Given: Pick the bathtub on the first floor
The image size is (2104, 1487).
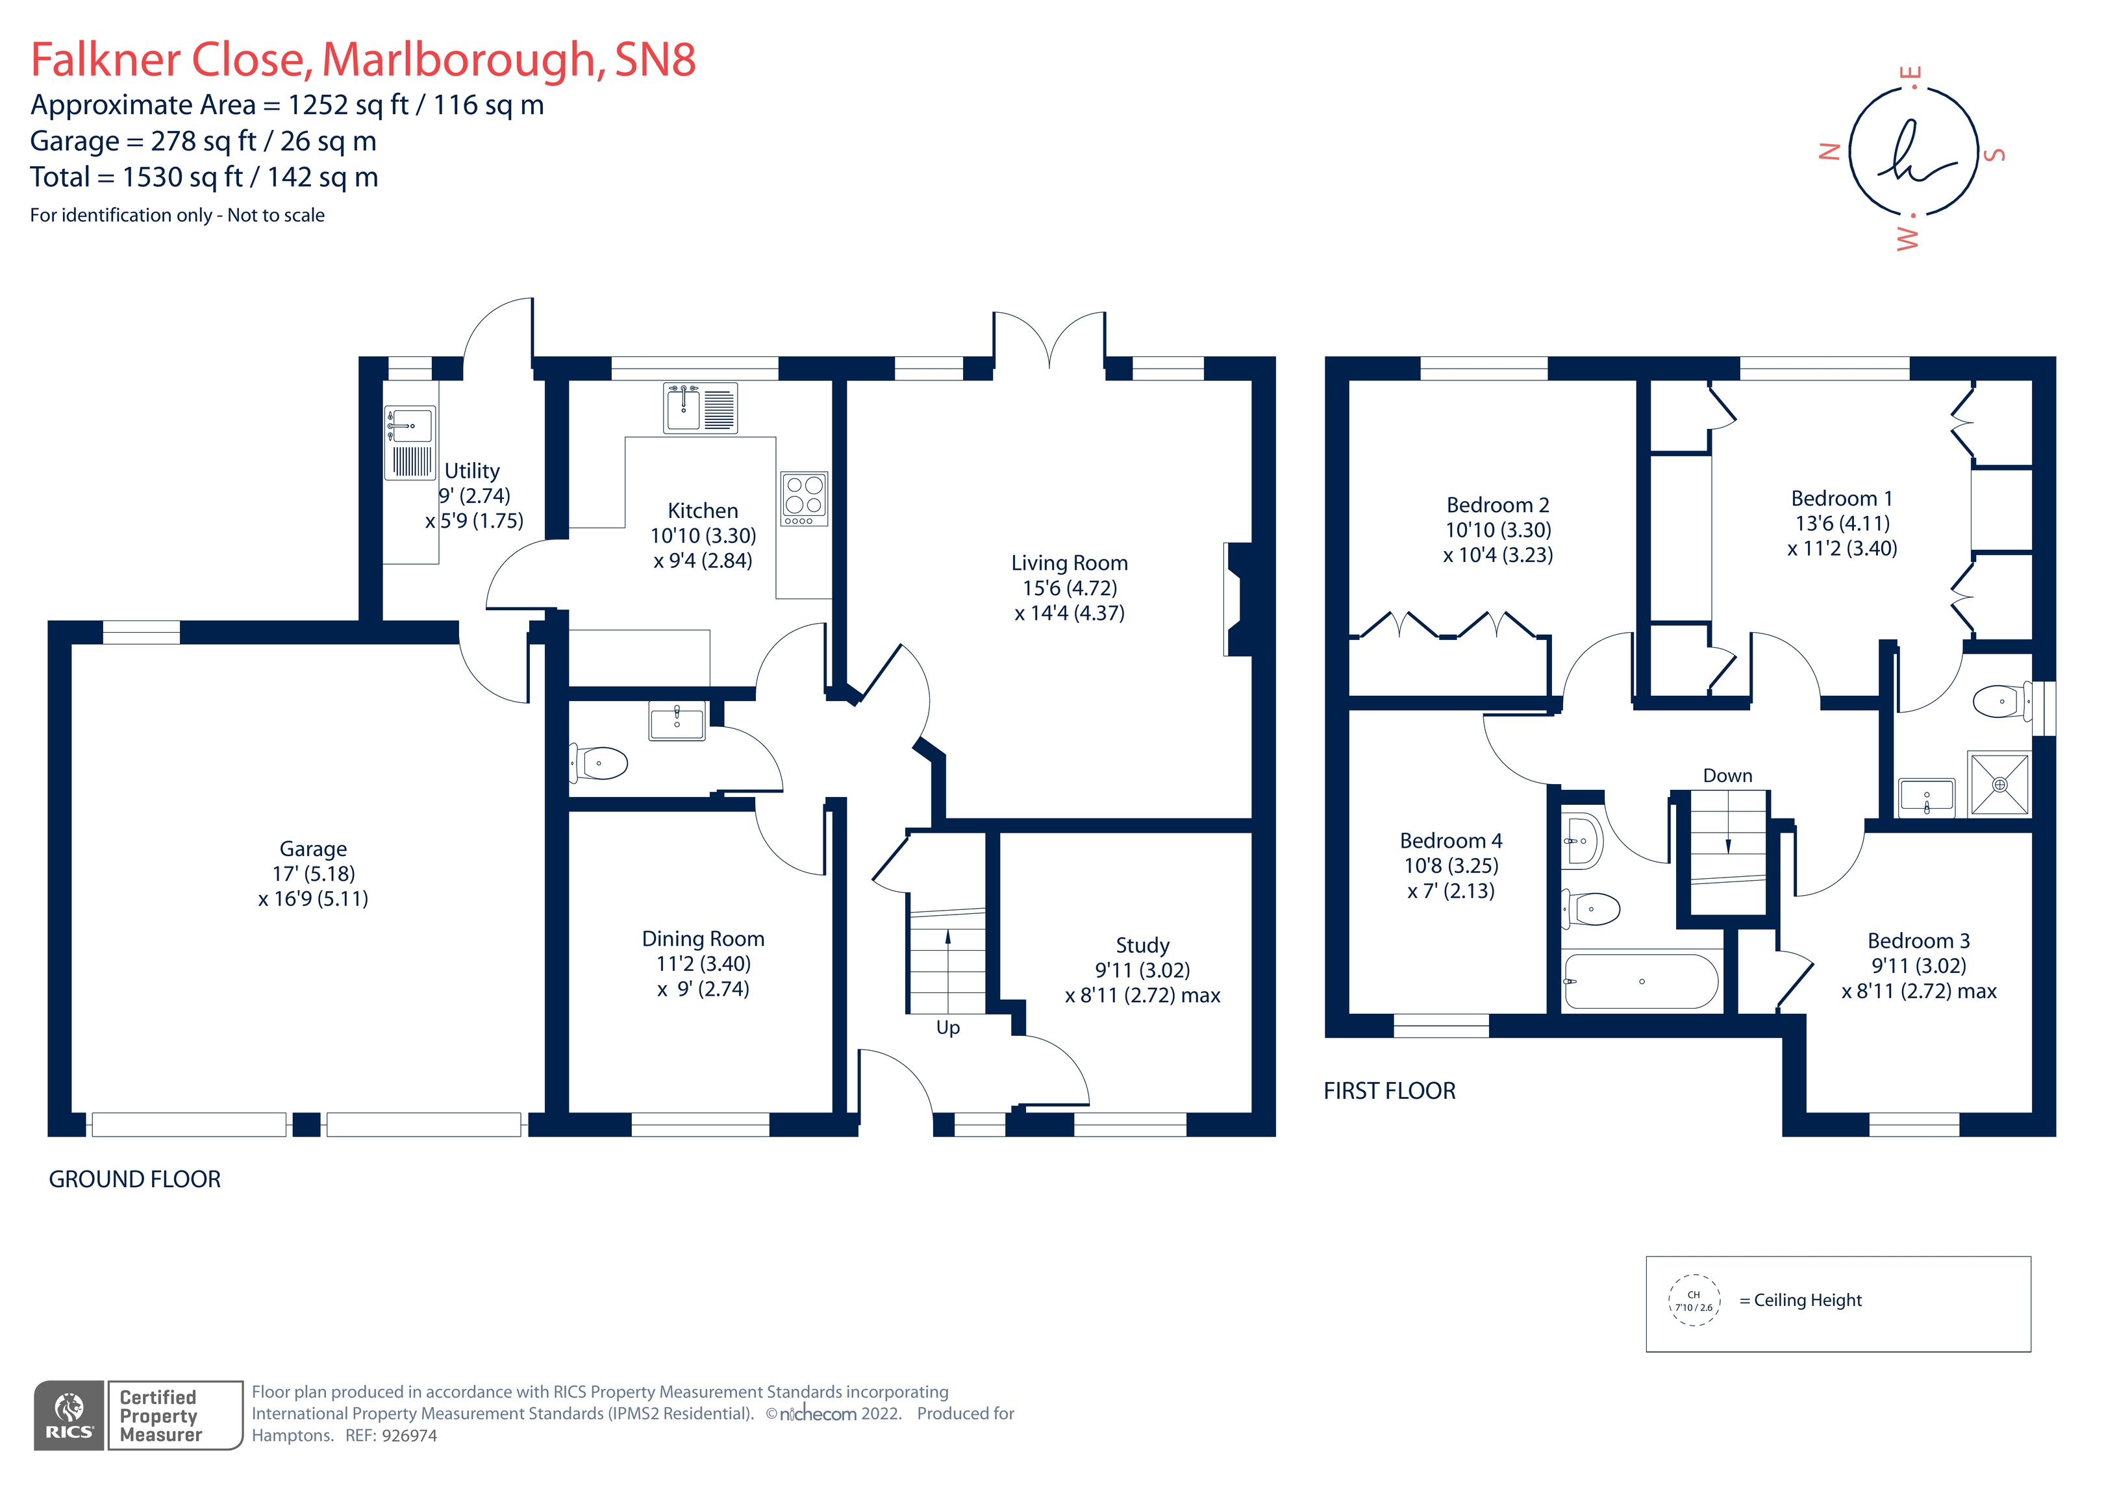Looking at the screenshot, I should tap(1640, 981).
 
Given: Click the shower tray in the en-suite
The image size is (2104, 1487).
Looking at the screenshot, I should tap(1999, 784).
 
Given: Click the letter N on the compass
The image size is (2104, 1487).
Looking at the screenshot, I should tap(1829, 152).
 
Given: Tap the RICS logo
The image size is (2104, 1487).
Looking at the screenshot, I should tap(69, 1416).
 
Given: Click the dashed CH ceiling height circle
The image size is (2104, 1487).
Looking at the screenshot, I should tap(1694, 1300).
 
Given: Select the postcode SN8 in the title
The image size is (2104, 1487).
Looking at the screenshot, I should tap(655, 60).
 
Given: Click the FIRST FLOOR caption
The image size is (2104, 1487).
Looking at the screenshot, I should tap(1389, 1090).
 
